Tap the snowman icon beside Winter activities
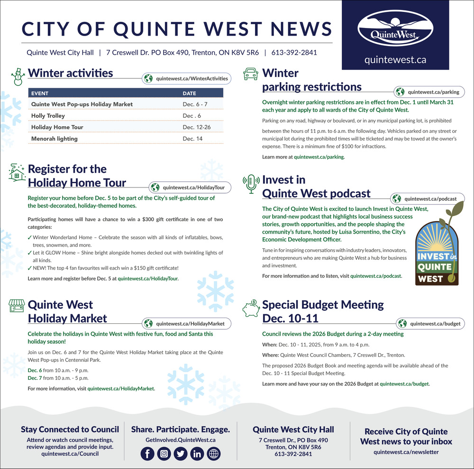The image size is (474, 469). click(x=18, y=76)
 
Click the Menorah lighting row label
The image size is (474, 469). click(x=55, y=139)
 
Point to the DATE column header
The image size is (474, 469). click(x=190, y=94)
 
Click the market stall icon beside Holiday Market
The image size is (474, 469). click(x=17, y=306)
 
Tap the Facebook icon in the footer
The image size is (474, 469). click(x=147, y=454)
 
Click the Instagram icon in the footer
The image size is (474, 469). click(x=164, y=454)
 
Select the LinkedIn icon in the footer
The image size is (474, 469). click(x=197, y=454)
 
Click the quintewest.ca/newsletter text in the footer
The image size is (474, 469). click(x=406, y=452)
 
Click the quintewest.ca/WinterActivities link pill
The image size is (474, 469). click(x=187, y=78)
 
